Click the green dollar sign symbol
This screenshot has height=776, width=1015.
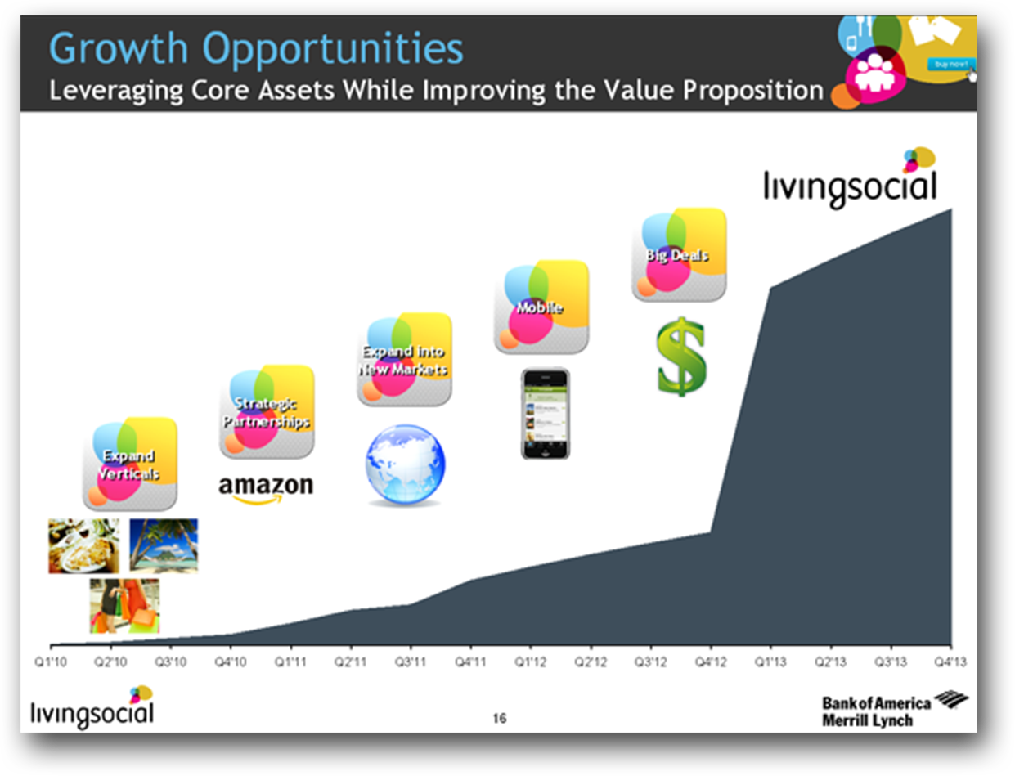click(x=680, y=357)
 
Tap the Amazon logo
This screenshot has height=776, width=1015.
click(x=266, y=489)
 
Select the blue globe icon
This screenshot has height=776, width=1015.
click(x=405, y=464)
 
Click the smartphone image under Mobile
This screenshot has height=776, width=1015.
click(x=546, y=414)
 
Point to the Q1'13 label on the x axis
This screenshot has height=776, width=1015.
click(x=770, y=662)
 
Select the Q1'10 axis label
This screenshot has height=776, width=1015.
click(x=51, y=662)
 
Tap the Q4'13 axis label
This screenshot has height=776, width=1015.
click(x=950, y=662)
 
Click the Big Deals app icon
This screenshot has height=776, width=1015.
click(x=679, y=254)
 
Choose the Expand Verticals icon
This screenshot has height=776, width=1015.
click(x=129, y=464)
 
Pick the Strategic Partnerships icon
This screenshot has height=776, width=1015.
click(x=267, y=411)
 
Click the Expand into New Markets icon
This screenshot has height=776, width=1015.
click(x=404, y=359)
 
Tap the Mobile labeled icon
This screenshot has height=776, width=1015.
click(x=541, y=307)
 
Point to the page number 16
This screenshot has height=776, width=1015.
click(x=500, y=719)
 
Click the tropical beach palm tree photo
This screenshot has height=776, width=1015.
click(x=164, y=545)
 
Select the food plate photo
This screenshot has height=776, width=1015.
click(x=83, y=545)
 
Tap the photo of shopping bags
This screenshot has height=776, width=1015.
click(x=124, y=606)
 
